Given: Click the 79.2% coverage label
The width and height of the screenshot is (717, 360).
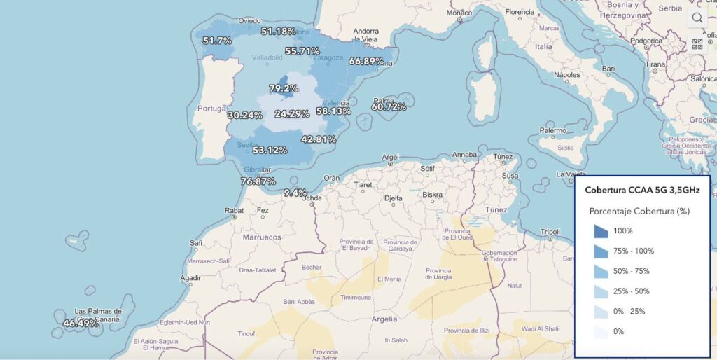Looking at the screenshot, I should pyautogui.click(x=284, y=89).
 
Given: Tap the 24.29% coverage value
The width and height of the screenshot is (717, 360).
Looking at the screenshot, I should pyautogui.click(x=292, y=114).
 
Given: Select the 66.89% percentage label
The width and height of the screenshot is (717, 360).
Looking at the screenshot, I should pyautogui.click(x=366, y=61).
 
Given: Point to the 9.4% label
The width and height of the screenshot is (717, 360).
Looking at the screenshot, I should pyautogui.click(x=295, y=193).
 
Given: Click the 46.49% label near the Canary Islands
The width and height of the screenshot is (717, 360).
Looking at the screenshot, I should pyautogui.click(x=81, y=324).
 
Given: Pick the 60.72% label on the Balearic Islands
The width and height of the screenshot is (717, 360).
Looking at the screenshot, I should pyautogui.click(x=389, y=107).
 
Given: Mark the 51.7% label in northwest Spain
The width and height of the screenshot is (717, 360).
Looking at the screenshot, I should pyautogui.click(x=217, y=41).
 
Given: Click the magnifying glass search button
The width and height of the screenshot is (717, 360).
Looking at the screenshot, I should pyautogui.click(x=697, y=18).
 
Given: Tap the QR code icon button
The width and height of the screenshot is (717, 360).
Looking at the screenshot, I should pyautogui.click(x=697, y=45).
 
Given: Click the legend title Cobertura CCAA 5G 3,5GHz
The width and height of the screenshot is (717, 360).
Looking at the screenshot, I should pyautogui.click(x=642, y=190).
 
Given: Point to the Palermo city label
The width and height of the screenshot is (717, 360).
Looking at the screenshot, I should pyautogui.click(x=553, y=131).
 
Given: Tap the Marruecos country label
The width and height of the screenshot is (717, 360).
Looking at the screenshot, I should pyautogui.click(x=261, y=237).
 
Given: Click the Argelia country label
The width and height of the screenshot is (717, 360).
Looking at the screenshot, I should pyautogui.click(x=382, y=319).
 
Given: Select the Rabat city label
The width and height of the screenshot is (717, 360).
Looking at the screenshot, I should pyautogui.click(x=234, y=210).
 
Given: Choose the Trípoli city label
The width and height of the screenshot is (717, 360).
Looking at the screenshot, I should pyautogui.click(x=551, y=231).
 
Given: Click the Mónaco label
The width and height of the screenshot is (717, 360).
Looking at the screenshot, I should pyautogui.click(x=459, y=13).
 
